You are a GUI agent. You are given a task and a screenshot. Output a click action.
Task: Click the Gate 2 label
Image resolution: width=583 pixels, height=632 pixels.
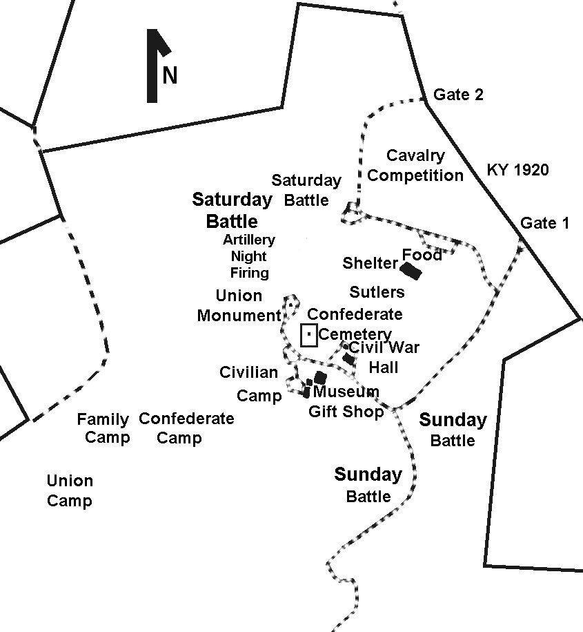458,95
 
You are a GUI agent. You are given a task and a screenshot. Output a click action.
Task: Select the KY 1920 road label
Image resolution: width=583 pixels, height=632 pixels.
518,169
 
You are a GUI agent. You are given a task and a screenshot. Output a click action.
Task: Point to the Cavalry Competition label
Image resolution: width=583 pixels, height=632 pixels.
415,166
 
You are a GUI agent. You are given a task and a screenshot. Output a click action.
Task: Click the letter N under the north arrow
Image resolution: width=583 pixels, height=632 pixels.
170,75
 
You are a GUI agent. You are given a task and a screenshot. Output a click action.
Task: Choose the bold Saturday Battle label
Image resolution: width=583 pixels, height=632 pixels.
232,211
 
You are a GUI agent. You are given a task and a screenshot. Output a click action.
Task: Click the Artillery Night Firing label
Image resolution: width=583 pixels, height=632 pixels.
249,256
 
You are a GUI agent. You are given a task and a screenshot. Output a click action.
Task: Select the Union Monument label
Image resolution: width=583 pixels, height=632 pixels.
239,306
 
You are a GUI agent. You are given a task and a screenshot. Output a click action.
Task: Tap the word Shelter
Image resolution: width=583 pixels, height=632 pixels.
370,263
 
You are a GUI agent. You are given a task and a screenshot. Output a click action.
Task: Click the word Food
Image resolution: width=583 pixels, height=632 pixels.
422,255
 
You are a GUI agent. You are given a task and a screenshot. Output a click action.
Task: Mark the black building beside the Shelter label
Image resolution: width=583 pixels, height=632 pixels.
412,270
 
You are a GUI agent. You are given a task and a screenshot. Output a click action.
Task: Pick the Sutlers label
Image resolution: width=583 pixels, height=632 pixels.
377,292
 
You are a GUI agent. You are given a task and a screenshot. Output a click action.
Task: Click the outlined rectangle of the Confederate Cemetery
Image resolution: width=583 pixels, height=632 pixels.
309,335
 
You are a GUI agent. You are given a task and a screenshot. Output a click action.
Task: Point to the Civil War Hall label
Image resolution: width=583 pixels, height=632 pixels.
384,357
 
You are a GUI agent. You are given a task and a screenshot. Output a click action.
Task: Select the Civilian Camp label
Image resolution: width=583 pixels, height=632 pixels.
249,384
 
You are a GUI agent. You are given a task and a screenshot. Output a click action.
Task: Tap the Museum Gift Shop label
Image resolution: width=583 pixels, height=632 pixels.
346,402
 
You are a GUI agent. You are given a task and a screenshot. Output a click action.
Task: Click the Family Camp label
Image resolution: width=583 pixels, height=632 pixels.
103,428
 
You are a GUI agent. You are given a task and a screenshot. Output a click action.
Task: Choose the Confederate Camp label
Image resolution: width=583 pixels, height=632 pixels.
186,428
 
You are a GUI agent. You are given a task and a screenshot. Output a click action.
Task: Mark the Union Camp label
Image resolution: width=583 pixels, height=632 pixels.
70,490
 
